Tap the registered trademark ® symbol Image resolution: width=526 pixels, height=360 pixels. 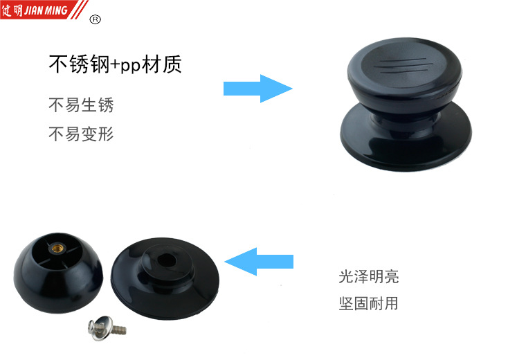(x=96, y=20)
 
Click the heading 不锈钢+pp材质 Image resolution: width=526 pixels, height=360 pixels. (x=115, y=64)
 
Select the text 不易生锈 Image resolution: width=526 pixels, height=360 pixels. (x=81, y=105)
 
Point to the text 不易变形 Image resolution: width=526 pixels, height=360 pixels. (x=81, y=134)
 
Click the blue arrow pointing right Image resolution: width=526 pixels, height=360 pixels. (x=258, y=89)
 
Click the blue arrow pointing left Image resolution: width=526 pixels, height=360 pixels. (x=259, y=262)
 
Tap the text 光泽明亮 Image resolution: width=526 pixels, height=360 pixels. (x=369, y=277)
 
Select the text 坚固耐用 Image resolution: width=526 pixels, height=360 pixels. (x=368, y=303)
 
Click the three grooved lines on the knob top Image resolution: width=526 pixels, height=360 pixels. (x=401, y=66)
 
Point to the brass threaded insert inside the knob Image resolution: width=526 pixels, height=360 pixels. (x=57, y=249)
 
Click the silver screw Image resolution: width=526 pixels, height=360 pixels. (x=107, y=328)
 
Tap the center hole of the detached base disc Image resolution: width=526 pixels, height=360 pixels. (x=166, y=260)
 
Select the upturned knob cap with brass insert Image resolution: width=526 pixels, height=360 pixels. (x=58, y=273)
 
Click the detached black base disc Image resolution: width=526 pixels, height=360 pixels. (x=165, y=278)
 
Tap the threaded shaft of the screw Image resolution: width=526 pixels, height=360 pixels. (x=118, y=330)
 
